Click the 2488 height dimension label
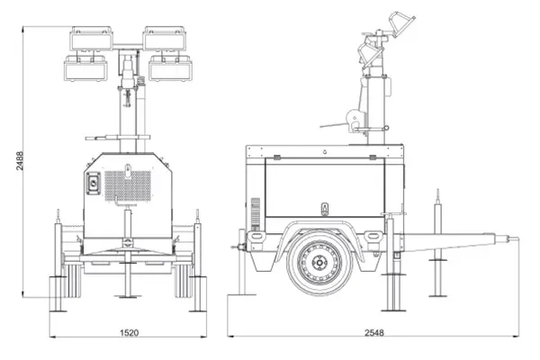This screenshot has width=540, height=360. click(20, 160)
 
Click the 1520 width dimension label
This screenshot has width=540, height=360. click(129, 333)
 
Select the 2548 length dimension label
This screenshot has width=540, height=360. click(374, 333)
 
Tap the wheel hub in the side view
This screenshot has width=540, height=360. click(319, 263)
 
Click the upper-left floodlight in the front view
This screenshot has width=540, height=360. click(91, 38)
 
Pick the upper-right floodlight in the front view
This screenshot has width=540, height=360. click(165, 38)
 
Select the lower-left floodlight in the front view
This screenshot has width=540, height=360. click(85, 68)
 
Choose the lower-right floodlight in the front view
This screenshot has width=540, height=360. click(170, 68)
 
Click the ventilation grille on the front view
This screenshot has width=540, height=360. click(128, 186)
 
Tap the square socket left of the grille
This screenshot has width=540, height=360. click(94, 184)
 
